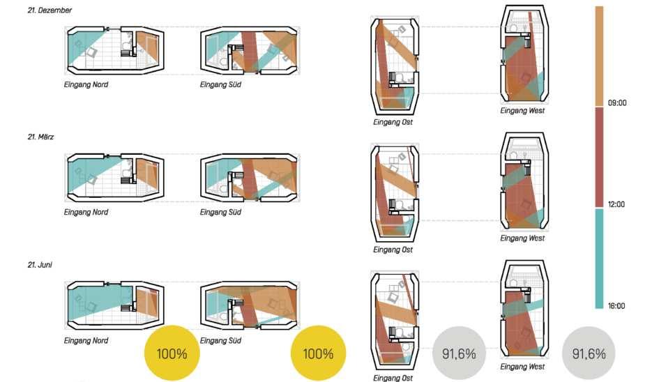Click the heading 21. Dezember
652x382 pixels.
pos(50,10)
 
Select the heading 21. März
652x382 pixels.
pos(40,137)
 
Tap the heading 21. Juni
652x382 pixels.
pos(40,265)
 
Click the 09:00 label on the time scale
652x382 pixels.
pos(617,102)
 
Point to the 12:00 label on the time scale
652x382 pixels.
pos(616,204)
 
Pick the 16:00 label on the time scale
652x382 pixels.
pos(616,306)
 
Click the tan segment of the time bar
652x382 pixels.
pos(599,56)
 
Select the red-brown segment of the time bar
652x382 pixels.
pos(599,157)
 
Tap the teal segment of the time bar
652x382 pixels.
pos(599,259)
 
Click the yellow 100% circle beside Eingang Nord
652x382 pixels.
pos(172,353)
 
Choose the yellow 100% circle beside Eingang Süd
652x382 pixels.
pos(318,353)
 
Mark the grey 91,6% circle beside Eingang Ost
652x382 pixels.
pos(459,353)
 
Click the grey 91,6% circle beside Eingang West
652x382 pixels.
pos(589,353)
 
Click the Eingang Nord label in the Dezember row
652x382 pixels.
pos(86,85)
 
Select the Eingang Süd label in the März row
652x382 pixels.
pos(221,213)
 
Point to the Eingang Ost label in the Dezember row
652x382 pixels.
pos(393,122)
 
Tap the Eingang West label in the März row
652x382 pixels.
pos(523,238)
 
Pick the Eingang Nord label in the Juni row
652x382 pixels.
pos(86,341)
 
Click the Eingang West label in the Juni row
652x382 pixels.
pos(523,367)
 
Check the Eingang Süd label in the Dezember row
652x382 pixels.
pos(221,85)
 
